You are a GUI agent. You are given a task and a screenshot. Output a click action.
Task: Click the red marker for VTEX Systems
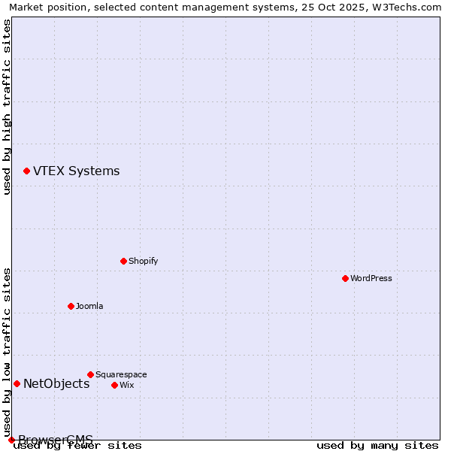tap(26, 171)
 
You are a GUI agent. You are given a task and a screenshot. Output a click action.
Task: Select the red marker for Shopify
tap(123, 261)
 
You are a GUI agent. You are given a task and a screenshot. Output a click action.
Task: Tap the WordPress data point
tap(345, 278)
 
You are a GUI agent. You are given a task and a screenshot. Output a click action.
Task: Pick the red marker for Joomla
tap(71, 306)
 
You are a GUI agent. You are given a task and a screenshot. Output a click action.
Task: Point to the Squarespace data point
tap(90, 374)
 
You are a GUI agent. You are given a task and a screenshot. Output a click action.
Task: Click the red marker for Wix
tap(114, 385)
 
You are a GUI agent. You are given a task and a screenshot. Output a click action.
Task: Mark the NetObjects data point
tap(17, 383)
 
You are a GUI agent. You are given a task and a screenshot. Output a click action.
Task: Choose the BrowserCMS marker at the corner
tap(11, 440)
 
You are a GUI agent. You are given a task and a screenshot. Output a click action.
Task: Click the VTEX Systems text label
tap(76, 171)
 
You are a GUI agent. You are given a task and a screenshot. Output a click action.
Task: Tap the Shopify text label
tap(143, 261)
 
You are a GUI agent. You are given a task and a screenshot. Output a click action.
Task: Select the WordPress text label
tap(371, 278)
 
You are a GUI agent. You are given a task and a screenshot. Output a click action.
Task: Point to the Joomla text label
tap(89, 306)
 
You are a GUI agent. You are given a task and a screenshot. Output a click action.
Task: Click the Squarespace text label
tap(121, 374)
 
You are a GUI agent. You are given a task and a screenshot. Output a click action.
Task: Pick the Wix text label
tap(126, 385)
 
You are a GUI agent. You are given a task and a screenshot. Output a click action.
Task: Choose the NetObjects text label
tap(56, 384)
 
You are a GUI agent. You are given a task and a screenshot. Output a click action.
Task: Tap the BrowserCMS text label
tap(56, 440)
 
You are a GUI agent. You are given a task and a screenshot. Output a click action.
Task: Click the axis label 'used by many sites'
tap(377, 446)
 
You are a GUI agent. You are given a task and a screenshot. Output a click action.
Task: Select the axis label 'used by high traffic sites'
tap(7, 107)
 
